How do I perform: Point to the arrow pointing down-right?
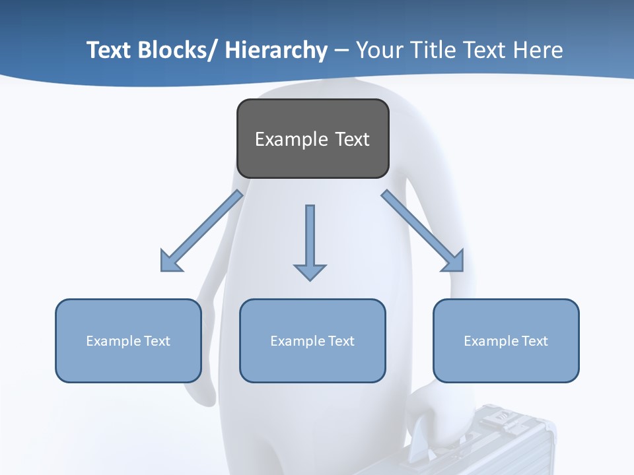coord(423,231)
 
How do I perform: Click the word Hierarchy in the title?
coord(276,50)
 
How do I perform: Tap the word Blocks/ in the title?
coord(177,50)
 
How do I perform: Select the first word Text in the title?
coord(109,50)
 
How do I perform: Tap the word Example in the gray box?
coord(291,139)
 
